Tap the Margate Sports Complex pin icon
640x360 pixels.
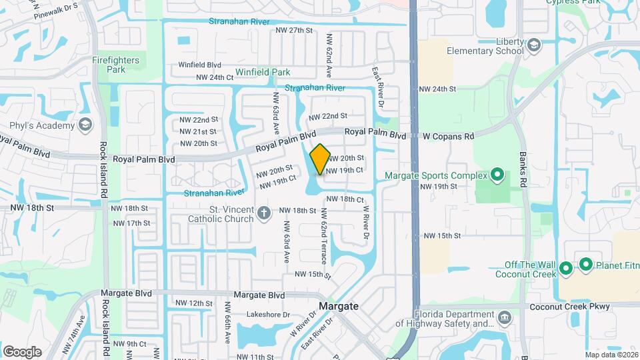(497, 176)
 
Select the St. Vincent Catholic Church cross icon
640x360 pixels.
(264, 213)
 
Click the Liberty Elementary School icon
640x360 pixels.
(534, 45)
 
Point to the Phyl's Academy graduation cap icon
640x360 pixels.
(85, 125)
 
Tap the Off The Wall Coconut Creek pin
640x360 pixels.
(566, 269)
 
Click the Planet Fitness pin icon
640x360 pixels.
(586, 265)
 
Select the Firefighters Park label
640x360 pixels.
(116, 65)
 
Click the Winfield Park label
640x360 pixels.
(262, 72)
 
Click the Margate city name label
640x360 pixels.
(339, 306)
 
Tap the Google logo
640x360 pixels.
(22, 352)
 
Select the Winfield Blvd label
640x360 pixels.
(199, 65)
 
